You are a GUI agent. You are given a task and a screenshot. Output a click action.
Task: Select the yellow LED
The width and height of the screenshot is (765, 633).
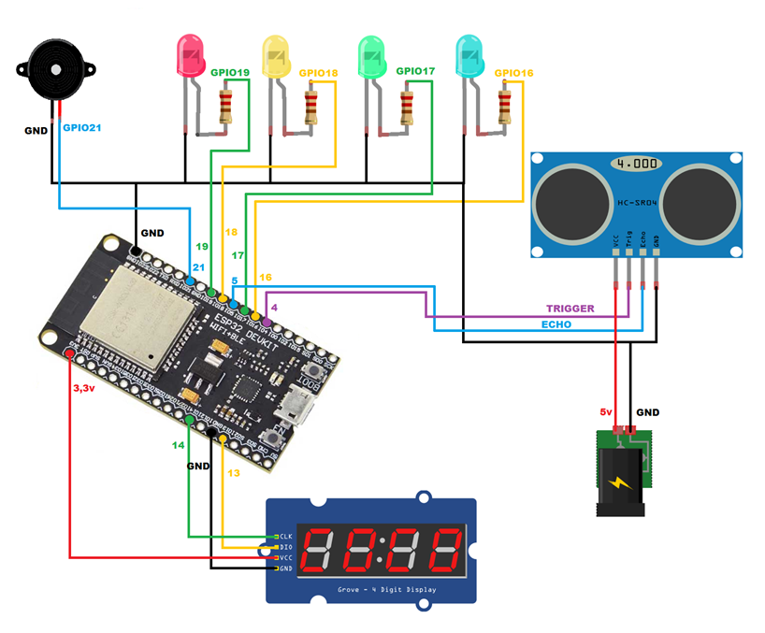277,56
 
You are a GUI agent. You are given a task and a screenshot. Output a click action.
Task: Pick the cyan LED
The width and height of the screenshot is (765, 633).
469,56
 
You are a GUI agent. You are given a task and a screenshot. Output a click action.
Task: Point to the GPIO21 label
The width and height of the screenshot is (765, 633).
81,126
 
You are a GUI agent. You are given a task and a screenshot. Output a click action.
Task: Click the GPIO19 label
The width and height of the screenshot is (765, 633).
230,72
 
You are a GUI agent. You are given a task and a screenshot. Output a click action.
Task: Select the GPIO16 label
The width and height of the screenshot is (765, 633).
513,72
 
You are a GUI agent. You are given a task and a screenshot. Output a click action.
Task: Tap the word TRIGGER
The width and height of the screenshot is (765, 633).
570,308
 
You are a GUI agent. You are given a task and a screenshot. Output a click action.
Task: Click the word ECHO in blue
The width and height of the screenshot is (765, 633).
558,324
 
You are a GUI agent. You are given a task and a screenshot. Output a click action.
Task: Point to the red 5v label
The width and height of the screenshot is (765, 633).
605,411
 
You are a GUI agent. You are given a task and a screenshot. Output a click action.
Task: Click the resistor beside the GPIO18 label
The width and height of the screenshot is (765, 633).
312,106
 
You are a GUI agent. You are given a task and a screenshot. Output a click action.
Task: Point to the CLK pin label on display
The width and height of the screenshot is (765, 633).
286,536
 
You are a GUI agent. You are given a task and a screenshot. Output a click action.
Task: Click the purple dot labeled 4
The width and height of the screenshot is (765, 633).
267,322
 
